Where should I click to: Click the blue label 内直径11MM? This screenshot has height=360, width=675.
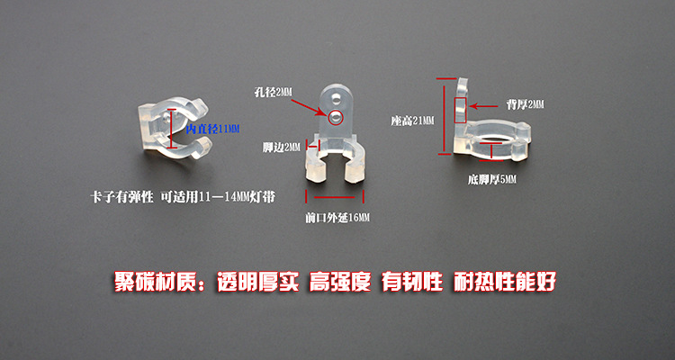(212, 130)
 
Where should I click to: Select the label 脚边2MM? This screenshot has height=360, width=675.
(281, 148)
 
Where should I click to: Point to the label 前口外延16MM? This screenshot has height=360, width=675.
(337, 218)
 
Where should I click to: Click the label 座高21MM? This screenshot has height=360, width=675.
(412, 120)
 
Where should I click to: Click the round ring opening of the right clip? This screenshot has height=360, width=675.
(494, 138)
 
